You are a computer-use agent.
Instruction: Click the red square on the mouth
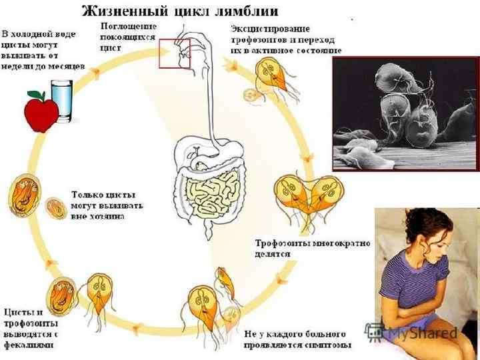coord(175,53)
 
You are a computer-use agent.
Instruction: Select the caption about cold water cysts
coord(41,50)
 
